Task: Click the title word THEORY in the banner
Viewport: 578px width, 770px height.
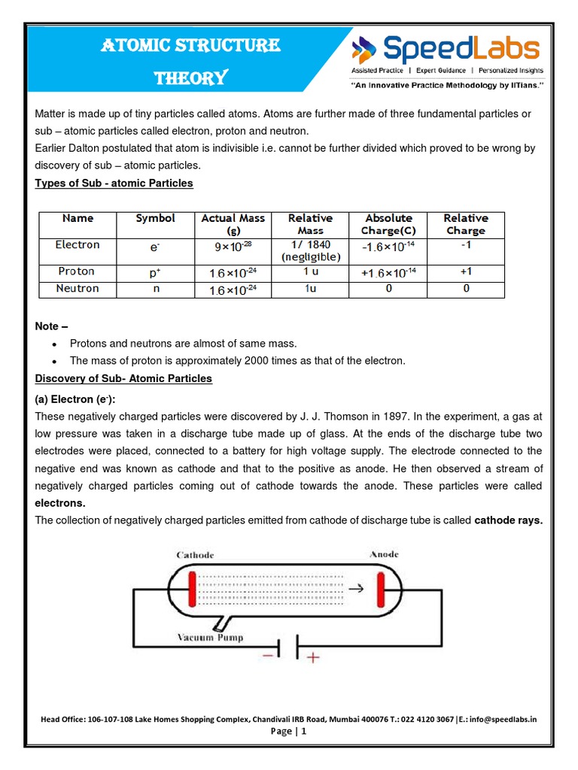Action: coord(190,78)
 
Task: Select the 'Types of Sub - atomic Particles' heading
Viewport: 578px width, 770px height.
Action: coord(114,183)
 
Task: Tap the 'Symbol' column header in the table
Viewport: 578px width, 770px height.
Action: coord(156,218)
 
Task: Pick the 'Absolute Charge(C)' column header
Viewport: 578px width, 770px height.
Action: coord(388,224)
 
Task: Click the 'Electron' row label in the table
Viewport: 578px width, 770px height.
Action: coord(78,244)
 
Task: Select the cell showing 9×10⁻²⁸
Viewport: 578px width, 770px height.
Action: coord(233,245)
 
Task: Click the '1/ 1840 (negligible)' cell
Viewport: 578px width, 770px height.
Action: coord(311,250)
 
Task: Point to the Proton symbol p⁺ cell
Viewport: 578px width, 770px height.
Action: coord(156,271)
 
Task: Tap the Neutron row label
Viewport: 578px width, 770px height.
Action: coord(78,289)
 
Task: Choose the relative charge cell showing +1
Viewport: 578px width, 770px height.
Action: coord(466,271)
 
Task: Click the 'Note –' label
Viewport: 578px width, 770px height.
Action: coord(52,326)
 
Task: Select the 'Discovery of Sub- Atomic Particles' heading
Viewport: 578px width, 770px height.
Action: coord(123,378)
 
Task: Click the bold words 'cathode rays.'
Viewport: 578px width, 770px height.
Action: coord(508,520)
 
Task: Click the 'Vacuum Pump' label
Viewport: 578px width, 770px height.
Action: coord(210,638)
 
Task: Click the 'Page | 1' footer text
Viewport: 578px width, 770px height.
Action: coord(289,731)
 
